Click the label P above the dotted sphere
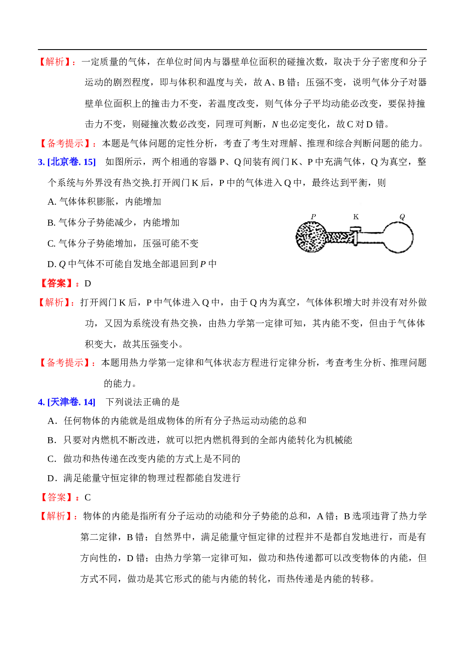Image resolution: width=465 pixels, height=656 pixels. click(x=313, y=216)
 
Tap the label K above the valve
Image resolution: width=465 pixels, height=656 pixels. click(x=356, y=216)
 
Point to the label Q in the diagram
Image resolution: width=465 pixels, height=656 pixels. click(x=402, y=217)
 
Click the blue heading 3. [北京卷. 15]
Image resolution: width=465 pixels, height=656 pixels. click(x=67, y=162)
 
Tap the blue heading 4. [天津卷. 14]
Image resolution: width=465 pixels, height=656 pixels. click(x=67, y=402)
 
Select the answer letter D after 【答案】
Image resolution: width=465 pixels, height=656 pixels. click(x=88, y=283)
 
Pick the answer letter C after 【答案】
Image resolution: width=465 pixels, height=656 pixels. click(x=88, y=497)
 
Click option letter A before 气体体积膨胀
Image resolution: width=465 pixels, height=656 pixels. click(x=52, y=202)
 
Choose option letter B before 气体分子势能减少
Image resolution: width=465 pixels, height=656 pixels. click(x=52, y=223)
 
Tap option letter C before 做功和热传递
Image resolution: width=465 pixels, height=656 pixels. click(x=52, y=459)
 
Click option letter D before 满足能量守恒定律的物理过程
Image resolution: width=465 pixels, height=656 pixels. click(x=52, y=478)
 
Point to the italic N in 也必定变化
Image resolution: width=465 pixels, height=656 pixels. click(x=274, y=125)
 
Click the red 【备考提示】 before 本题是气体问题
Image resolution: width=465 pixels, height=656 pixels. click(x=68, y=143)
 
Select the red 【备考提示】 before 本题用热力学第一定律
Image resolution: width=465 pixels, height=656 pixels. click(x=67, y=362)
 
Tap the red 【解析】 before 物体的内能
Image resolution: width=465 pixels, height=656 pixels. click(x=58, y=516)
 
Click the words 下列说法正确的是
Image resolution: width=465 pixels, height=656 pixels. click(x=142, y=402)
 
